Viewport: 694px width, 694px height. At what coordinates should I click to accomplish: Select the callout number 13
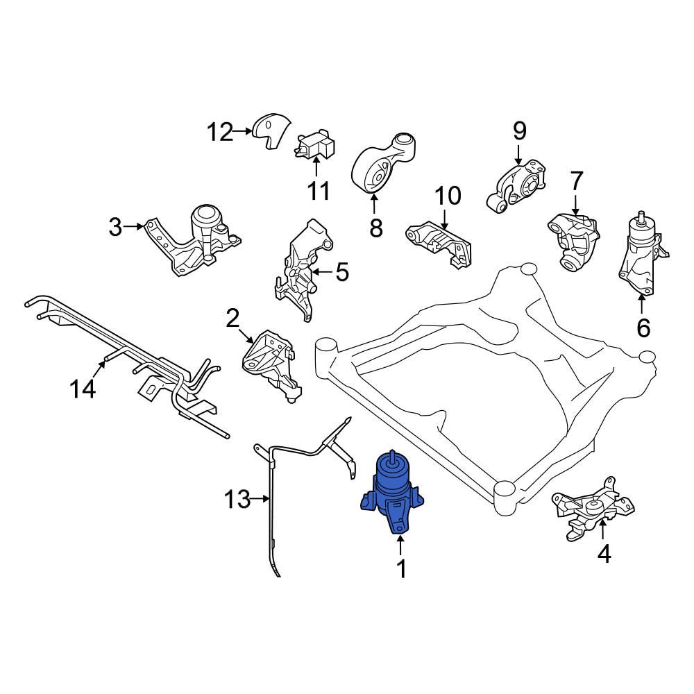237,499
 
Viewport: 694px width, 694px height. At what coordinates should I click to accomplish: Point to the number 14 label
83,389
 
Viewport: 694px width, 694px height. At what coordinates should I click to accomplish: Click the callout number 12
220,131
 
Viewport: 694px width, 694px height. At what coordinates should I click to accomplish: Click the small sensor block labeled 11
315,146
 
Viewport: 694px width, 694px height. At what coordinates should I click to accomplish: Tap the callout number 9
520,130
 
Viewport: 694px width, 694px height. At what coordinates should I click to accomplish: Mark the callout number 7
576,182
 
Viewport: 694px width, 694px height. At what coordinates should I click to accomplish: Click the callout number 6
643,327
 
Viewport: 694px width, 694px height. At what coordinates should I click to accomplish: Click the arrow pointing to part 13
261,498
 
